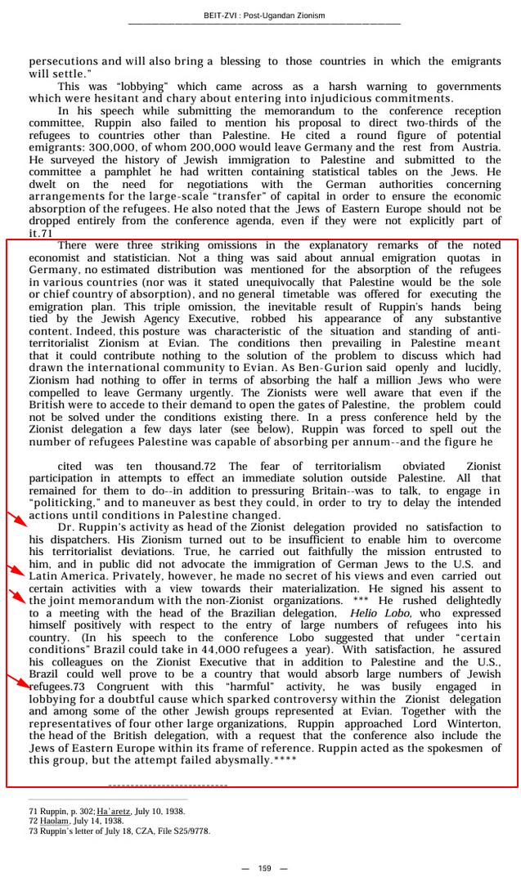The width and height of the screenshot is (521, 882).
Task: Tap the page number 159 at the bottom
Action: point(264,868)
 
